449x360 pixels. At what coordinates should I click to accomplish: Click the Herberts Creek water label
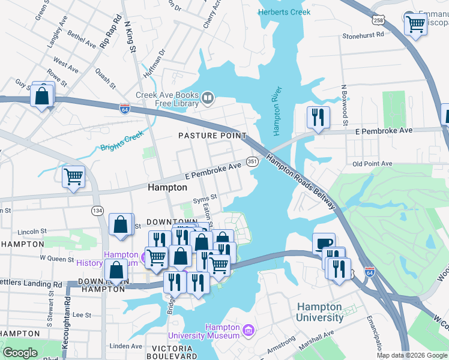click(x=285, y=12)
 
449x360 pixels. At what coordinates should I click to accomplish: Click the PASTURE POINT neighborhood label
click(x=212, y=136)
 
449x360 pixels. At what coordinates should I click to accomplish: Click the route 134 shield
click(x=97, y=211)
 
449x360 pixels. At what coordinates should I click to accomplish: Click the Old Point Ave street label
click(x=372, y=163)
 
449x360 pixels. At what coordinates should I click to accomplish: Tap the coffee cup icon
click(x=324, y=243)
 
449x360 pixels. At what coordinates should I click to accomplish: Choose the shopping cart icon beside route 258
click(x=415, y=24)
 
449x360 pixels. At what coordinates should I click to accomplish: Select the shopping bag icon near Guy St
click(x=42, y=95)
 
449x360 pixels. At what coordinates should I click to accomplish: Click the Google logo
click(x=20, y=353)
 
